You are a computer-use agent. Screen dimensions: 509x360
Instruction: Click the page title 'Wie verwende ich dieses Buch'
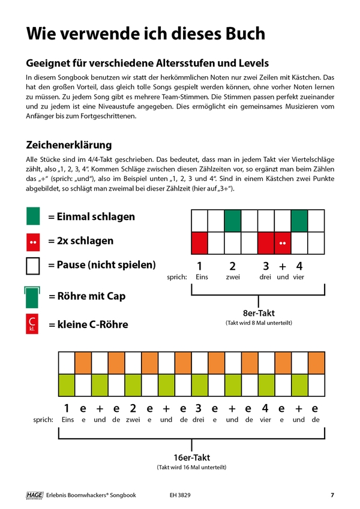click(145, 33)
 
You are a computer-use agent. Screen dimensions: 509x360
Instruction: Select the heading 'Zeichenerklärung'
click(68, 145)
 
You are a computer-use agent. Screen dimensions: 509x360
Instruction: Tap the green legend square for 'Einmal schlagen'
click(33, 216)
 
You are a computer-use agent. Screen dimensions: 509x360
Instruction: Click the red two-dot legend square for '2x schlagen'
click(33, 242)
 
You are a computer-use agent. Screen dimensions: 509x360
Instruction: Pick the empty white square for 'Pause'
click(33, 266)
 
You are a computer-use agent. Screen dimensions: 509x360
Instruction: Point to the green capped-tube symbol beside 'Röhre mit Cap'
click(33, 296)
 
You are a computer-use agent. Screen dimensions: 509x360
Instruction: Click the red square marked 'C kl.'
click(33, 324)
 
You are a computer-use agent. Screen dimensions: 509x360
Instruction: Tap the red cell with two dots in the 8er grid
click(283, 243)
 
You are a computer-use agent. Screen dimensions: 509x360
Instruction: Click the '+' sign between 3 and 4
click(283, 266)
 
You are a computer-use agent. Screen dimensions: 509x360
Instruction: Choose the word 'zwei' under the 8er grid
click(233, 276)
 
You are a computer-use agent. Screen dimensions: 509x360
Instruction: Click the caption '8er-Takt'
click(259, 312)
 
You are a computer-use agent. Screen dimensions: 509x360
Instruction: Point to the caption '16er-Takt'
click(191, 457)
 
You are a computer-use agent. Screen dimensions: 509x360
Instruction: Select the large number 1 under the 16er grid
click(67, 408)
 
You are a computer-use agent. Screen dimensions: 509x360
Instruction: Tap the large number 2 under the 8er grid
click(233, 266)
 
